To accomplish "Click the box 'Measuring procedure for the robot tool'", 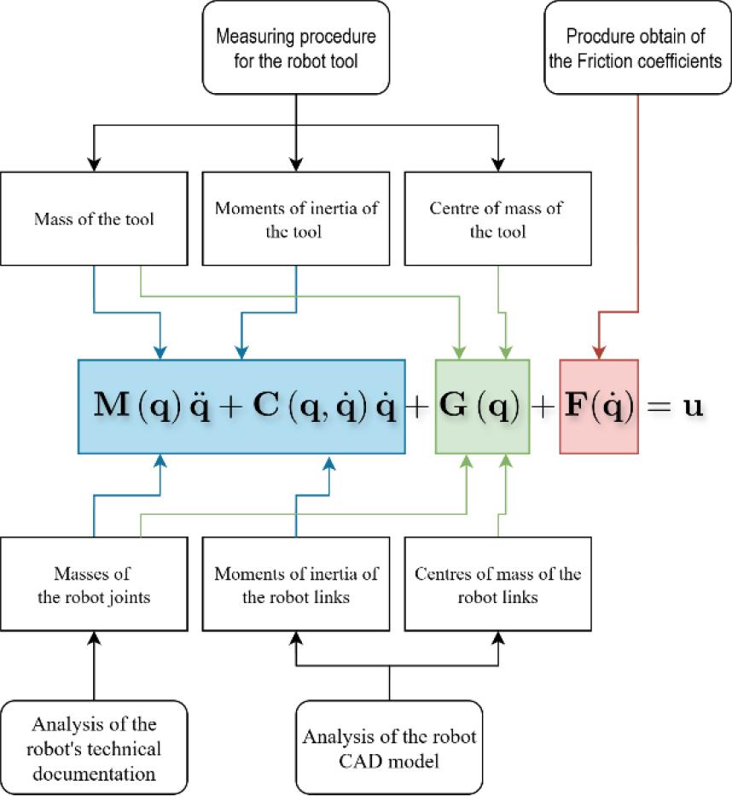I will [x=295, y=48].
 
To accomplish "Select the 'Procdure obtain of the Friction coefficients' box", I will [x=638, y=48].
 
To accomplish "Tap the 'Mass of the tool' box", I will [x=94, y=219].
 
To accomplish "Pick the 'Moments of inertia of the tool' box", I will [x=295, y=219].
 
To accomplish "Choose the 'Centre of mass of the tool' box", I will [x=497, y=219].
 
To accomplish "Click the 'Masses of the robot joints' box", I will [x=94, y=584].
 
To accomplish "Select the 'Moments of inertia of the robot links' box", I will [x=295, y=584].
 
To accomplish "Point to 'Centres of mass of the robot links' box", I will [x=497, y=584].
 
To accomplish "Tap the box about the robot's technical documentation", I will [x=94, y=749].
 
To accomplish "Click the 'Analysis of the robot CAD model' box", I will [x=389, y=749].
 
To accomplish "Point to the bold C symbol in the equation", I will [x=269, y=406].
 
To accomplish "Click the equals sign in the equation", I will [x=659, y=407].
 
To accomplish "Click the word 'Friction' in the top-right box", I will [x=628, y=61].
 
